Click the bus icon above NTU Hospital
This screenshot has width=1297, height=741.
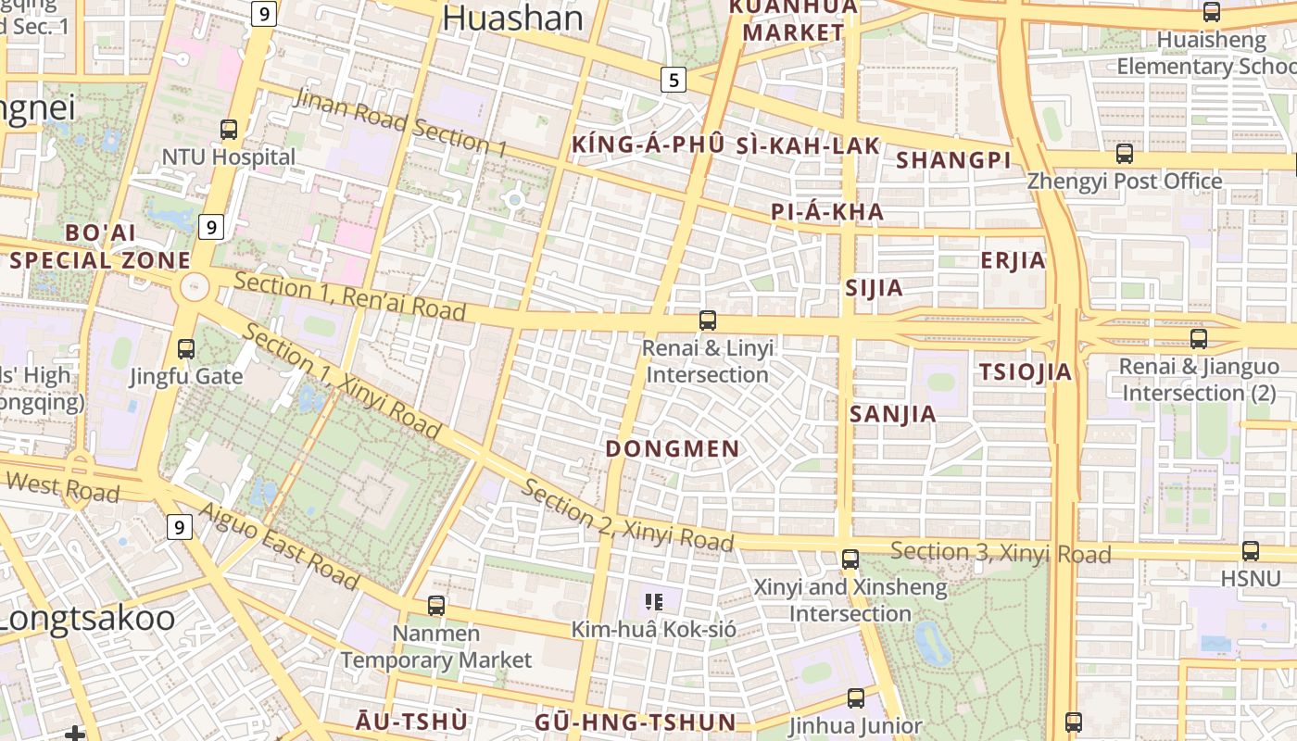pos(229,130)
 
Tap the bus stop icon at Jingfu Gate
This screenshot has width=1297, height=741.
pos(186,349)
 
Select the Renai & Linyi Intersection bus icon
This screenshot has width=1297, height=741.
pos(708,320)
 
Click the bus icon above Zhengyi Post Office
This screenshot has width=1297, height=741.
pos(1125,154)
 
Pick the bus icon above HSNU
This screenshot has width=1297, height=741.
pos(1251,551)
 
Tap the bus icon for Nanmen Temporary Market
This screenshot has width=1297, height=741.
pos(436,606)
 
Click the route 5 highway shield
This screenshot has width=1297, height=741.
pos(674,80)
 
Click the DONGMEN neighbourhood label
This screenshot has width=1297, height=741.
pos(673,449)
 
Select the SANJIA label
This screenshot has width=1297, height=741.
pos(893,414)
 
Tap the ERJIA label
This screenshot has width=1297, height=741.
pos(1014,260)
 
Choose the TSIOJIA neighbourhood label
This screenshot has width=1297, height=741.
pos(1026,372)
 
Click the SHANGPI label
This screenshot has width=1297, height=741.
pos(953,160)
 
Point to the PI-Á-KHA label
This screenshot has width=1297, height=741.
pos(827,212)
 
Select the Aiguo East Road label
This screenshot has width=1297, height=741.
pos(279,546)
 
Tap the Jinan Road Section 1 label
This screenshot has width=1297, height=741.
pos(400,122)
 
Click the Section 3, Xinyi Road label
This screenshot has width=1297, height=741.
pos(1001,553)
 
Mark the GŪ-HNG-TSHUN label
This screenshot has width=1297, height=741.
pos(636,722)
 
